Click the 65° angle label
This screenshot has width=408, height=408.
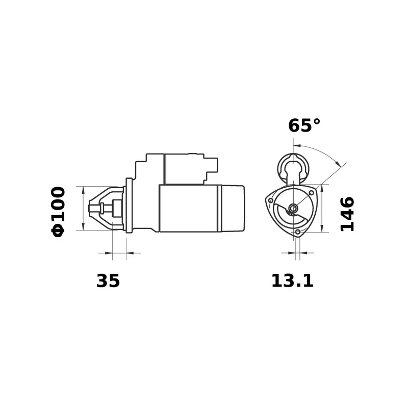tap(304, 125)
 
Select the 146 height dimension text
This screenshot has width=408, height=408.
tap(347, 214)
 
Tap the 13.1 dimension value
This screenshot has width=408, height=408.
tap(292, 280)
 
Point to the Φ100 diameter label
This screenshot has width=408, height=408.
tap(58, 211)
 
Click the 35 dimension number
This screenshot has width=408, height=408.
tap(108, 280)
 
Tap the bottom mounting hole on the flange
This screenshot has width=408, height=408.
tap(298, 233)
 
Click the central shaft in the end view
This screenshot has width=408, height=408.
tap(294, 208)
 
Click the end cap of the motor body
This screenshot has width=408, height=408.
tap(232, 208)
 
